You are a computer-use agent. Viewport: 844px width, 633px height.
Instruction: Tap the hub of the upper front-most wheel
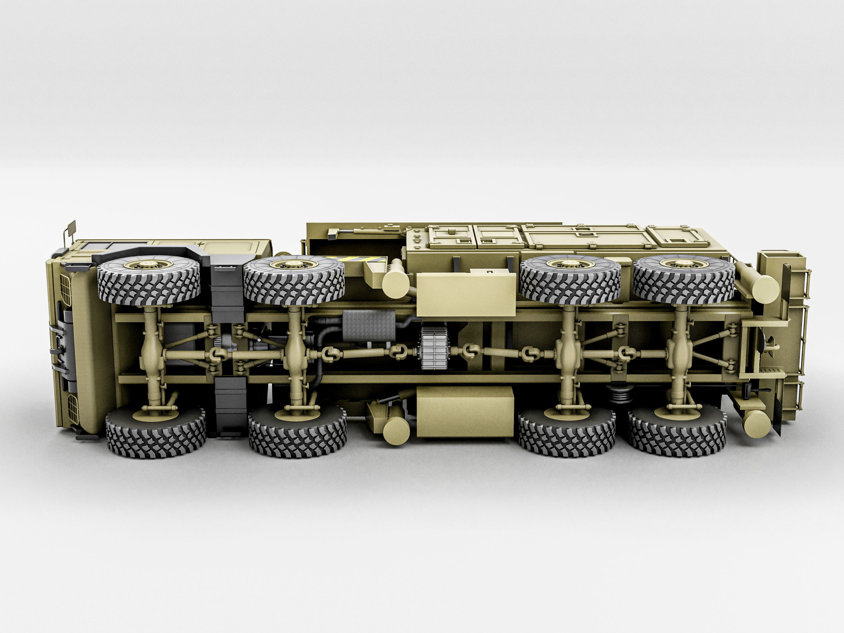(x=149, y=264)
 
